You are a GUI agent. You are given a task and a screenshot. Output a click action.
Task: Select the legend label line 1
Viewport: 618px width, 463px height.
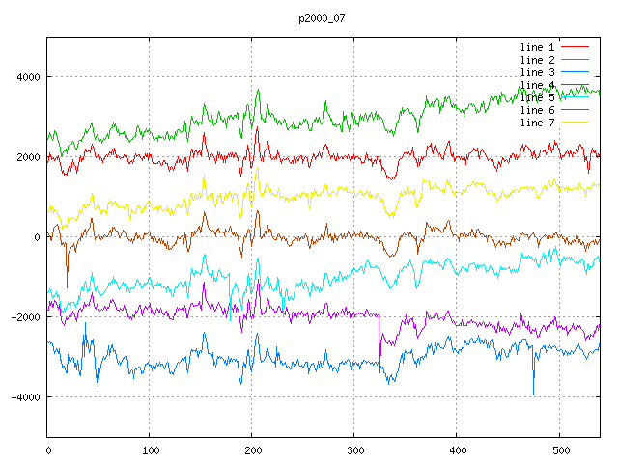[538, 47]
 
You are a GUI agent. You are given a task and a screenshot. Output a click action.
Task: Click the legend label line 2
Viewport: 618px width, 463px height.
[538, 60]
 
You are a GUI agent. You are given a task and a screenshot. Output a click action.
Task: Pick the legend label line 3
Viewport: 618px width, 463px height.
[538, 72]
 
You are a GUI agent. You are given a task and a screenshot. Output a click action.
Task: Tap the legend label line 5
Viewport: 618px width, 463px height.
[538, 97]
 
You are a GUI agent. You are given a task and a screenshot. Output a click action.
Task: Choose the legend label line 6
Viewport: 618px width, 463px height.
[538, 110]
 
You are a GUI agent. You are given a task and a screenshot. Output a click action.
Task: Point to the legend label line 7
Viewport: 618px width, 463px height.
[538, 123]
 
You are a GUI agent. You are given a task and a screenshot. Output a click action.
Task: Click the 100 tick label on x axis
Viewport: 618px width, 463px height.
[150, 449]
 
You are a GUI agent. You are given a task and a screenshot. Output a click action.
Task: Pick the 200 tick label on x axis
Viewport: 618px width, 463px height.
[252, 449]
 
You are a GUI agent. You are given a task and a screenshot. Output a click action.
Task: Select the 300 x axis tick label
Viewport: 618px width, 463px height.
[354, 449]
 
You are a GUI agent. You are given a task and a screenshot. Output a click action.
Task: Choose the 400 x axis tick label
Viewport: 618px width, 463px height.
[457, 449]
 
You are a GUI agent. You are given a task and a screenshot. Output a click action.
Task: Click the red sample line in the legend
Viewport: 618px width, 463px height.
[575, 47]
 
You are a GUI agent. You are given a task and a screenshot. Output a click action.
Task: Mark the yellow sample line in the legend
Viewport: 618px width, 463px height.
[575, 123]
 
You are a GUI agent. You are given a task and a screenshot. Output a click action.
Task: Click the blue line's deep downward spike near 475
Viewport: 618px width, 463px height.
[533, 390]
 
